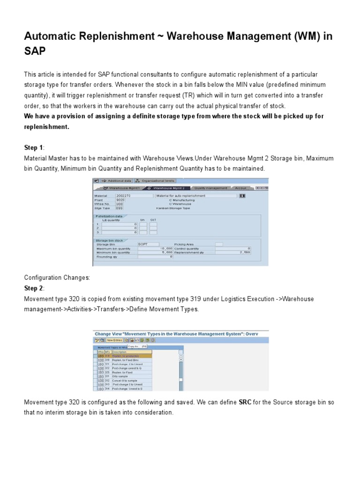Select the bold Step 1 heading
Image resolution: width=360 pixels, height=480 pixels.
[33, 148]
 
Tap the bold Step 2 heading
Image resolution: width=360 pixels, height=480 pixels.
[33, 288]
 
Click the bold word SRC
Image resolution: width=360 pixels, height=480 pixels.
[245, 402]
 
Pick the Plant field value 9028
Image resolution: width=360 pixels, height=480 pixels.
[120, 200]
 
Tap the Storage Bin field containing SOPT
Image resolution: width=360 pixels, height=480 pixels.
[149, 244]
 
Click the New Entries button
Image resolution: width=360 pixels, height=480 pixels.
[114, 340]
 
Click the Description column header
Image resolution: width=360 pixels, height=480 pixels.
[132, 352]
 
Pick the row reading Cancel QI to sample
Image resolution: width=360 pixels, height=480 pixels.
[124, 380]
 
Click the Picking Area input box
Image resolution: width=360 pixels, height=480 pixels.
[219, 244]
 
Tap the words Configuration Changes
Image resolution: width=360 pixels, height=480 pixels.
[57, 277]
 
